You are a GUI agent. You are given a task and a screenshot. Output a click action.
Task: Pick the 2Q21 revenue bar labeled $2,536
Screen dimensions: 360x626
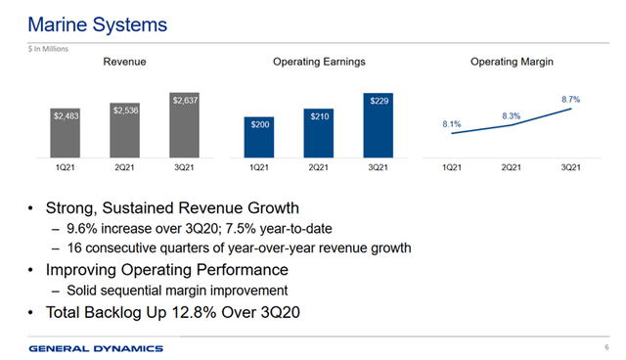pos(125,130)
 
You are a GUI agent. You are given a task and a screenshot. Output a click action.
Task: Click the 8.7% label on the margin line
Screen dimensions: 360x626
pos(571,100)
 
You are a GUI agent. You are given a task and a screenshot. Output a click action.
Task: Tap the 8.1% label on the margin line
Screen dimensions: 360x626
pos(452,124)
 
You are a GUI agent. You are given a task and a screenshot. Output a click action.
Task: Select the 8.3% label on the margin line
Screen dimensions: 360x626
pos(511,116)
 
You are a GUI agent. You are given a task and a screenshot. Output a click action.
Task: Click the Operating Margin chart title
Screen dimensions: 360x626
pos(512,63)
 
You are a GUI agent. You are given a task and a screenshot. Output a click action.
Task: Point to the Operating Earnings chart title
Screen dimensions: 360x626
pos(319,63)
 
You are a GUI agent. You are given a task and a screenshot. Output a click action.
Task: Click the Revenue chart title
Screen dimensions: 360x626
pos(125,63)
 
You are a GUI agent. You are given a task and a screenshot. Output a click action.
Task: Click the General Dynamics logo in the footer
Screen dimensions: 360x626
pos(96,348)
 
